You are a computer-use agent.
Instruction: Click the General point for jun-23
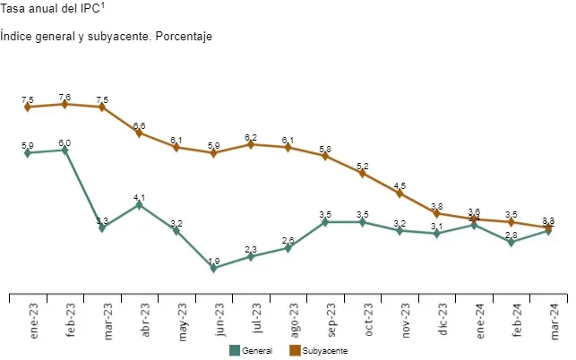[x=213, y=268]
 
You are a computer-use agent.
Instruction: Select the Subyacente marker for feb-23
[x=64, y=104]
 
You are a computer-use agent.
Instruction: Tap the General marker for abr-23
[x=139, y=204]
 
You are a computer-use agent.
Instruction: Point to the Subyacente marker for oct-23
[x=362, y=173]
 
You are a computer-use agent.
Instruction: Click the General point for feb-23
[x=64, y=150]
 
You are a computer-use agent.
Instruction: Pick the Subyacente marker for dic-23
[x=436, y=213]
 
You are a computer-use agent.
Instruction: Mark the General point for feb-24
[x=511, y=242]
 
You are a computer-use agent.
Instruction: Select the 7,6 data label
[x=64, y=97]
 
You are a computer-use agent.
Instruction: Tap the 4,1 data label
[x=139, y=197]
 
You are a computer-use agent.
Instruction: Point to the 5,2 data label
[x=362, y=166]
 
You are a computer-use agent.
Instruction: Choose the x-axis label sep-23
[x=331, y=319]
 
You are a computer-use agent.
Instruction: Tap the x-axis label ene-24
[x=479, y=319]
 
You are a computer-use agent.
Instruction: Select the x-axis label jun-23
[x=219, y=319]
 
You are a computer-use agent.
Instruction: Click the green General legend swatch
[x=235, y=350]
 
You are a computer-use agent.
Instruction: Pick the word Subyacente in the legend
[x=325, y=351]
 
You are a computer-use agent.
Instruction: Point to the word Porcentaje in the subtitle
[x=185, y=37]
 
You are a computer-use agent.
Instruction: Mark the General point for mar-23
[x=102, y=227]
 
